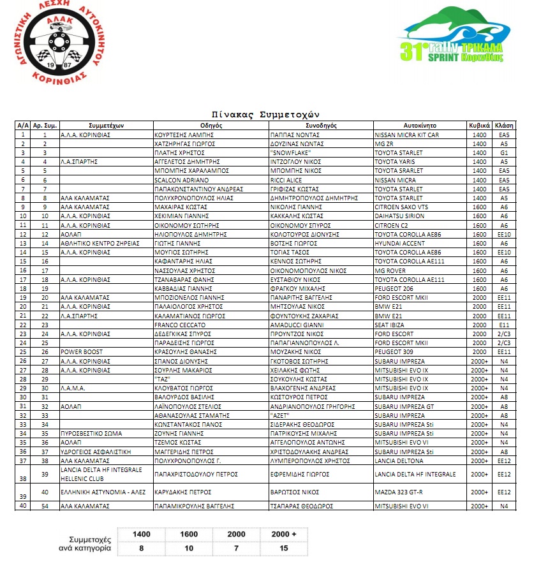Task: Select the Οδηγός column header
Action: [x=211, y=126]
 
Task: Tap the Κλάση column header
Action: [x=504, y=126]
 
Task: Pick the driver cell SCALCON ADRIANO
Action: [x=178, y=180]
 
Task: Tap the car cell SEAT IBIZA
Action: [x=391, y=324]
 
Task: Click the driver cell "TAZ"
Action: [x=165, y=378]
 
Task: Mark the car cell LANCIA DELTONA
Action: [x=399, y=459]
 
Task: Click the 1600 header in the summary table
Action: [x=188, y=534]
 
